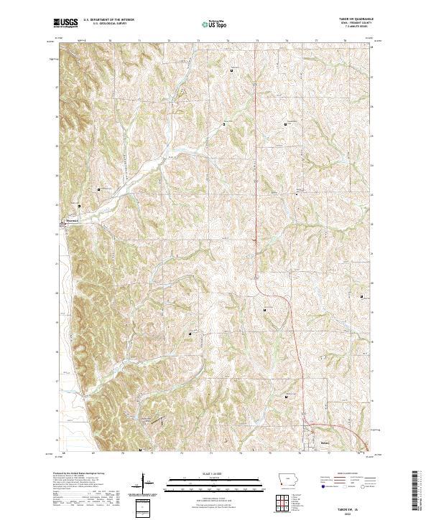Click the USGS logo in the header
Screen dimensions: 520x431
(x=65, y=23)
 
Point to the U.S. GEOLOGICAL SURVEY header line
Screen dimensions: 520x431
(x=105, y=24)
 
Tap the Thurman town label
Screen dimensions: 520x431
(x=71, y=221)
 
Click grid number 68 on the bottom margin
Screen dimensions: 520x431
(x=64, y=453)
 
